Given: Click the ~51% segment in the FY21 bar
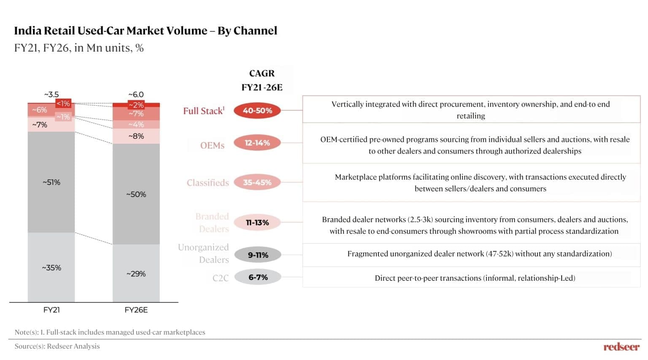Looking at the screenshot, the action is coord(51,182).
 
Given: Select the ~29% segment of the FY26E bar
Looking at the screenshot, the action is coord(136,273).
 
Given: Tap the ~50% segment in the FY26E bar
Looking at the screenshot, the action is coord(136,194).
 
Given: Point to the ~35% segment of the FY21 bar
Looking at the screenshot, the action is coord(51,268).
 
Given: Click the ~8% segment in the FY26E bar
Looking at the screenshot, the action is coord(136,136).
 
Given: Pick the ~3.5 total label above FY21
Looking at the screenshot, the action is coord(51,95).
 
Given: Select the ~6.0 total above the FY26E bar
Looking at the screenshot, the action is coord(136,95).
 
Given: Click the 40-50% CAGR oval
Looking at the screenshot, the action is coord(257,111).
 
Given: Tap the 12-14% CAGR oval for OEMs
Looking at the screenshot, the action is coord(257,143).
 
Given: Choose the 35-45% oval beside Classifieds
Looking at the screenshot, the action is coord(257,182).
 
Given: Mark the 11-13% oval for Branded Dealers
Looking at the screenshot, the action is coord(257,222).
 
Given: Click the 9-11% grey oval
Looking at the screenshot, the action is coord(257,255).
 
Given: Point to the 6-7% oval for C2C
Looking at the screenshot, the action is coord(257,277).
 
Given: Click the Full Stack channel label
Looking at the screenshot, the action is coord(204,111).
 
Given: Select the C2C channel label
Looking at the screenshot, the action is coord(221,278).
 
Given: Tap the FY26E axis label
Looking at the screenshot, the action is coord(136,310).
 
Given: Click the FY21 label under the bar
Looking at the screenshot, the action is coord(51,310).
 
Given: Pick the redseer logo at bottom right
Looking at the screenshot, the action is coord(621,346).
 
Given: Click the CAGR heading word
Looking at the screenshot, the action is coord(262,73).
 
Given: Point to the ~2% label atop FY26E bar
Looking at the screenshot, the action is coord(136,105).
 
